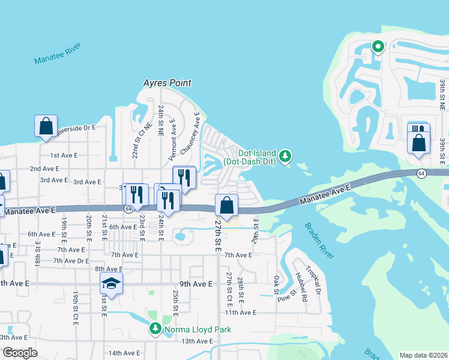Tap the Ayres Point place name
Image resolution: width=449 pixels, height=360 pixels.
click(x=167, y=83)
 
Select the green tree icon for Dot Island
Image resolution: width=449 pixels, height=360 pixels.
click(x=286, y=157)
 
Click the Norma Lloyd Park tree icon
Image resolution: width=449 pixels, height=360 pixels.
click(x=155, y=329)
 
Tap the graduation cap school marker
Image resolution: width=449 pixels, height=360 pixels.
click(x=111, y=283)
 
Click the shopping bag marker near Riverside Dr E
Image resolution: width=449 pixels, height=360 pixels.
click(x=46, y=127)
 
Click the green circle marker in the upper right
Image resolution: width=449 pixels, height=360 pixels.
click(x=378, y=46)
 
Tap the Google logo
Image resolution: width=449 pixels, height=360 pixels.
click(x=19, y=353)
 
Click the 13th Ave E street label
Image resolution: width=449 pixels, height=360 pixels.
click(x=197, y=341)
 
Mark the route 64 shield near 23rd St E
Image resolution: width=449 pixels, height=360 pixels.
click(x=128, y=209)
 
